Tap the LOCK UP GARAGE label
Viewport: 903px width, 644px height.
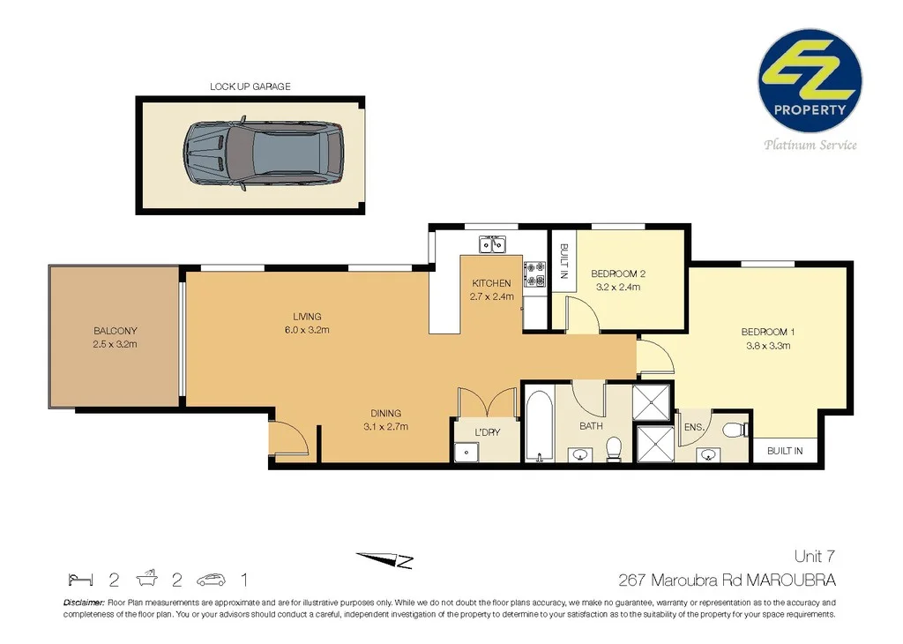click(x=250, y=86)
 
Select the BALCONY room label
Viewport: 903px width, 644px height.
click(x=115, y=331)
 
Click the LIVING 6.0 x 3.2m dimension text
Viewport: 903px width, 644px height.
click(x=307, y=331)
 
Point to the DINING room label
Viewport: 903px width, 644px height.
click(x=385, y=413)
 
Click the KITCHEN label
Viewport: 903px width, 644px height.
click(x=491, y=283)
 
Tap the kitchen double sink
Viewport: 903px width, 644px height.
click(x=491, y=243)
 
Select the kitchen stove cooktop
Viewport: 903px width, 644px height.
click(x=534, y=274)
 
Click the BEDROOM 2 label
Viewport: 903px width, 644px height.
click(x=619, y=273)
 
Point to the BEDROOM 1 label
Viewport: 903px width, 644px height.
click(x=768, y=332)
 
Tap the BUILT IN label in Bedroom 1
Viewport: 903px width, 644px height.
click(x=784, y=451)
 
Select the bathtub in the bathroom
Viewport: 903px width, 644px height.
click(x=537, y=428)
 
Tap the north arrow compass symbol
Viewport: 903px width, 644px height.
click(x=384, y=560)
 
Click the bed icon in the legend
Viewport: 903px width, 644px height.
click(x=80, y=580)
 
